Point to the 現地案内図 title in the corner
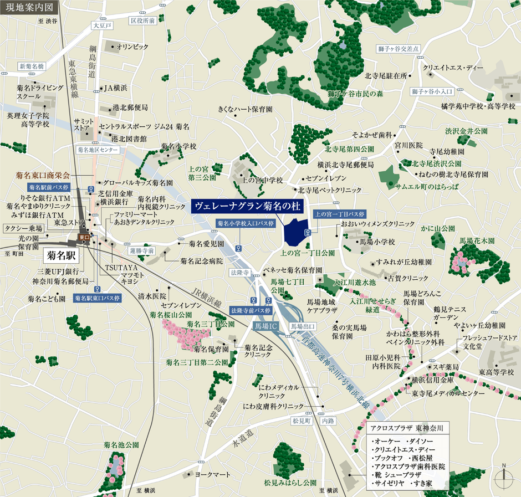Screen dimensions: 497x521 pos(28,8)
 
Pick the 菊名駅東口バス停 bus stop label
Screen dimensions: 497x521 pos(98,298)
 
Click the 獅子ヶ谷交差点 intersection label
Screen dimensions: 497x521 pos(412,49)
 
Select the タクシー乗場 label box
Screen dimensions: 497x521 pos(23,228)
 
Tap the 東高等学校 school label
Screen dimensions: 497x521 pos(497,372)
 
